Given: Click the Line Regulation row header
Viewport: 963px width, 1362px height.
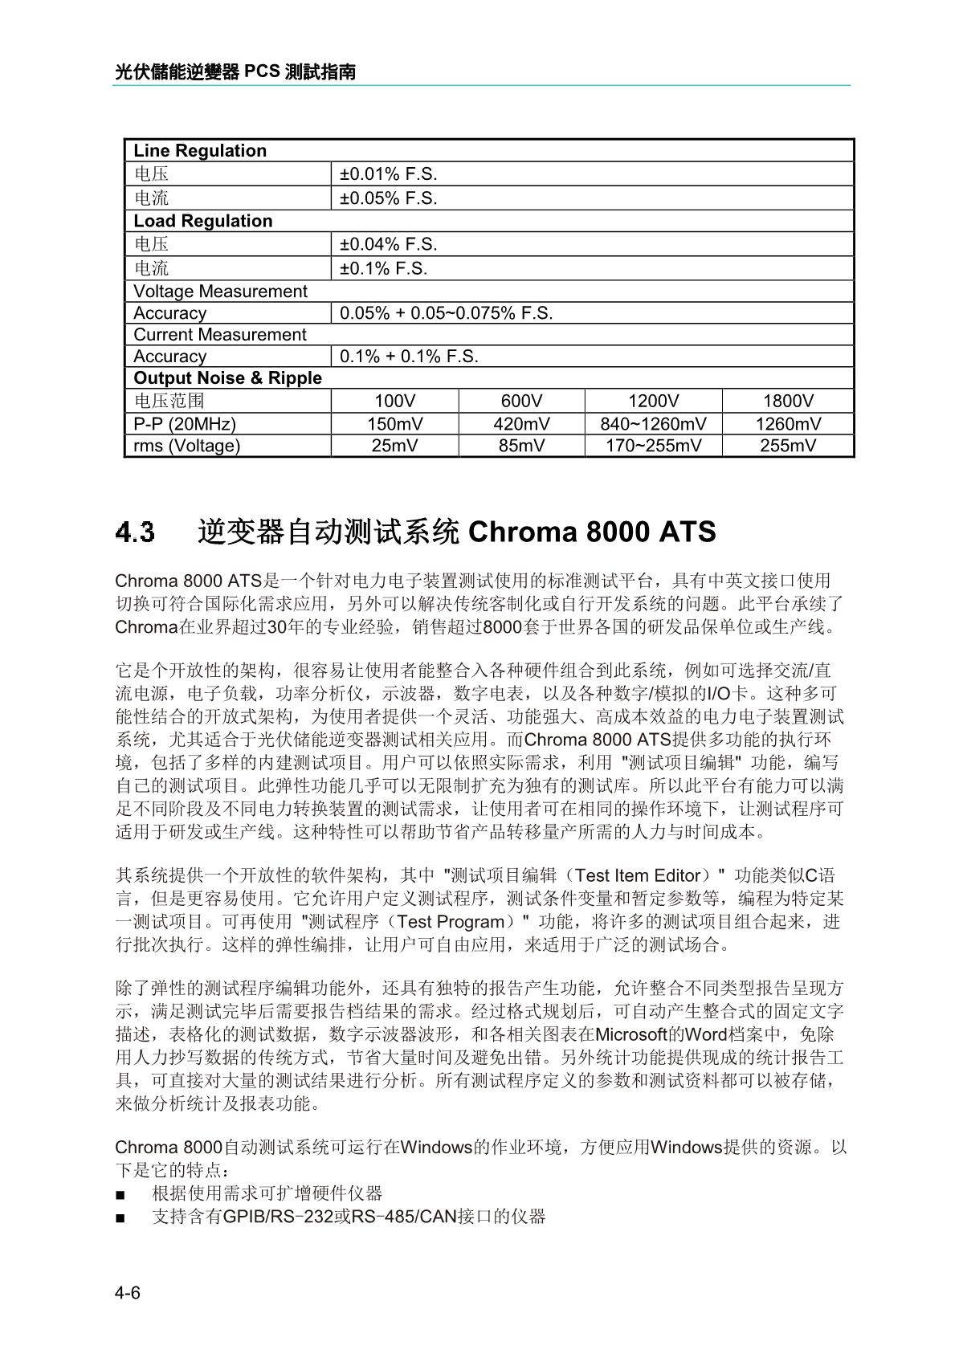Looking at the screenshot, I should tap(200, 151).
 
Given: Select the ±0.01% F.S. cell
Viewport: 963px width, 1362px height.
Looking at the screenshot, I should tap(389, 174).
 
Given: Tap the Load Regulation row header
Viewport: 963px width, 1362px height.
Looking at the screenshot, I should tap(203, 221).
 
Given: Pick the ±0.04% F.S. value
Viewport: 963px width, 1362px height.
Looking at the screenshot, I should tap(389, 244).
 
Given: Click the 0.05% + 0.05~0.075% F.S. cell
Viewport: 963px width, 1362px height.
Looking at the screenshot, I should tap(447, 313).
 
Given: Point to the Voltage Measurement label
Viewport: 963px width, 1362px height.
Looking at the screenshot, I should tap(220, 292).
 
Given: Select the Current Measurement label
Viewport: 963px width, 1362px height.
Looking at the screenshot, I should tap(220, 335).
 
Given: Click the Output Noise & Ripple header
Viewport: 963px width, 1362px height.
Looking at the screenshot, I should tap(227, 378).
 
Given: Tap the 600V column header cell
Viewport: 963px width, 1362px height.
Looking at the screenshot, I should tap(521, 402).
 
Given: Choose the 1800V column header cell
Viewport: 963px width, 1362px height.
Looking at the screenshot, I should tap(788, 402).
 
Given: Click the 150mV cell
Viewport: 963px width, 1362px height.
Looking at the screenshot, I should tap(395, 424).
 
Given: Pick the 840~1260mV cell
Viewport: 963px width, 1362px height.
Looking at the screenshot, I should tap(653, 424).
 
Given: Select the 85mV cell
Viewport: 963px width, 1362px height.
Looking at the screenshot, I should tap(521, 446).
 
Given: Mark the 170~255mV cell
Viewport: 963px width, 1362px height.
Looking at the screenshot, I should tap(653, 446).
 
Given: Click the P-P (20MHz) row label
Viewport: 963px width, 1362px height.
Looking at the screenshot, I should tap(185, 424).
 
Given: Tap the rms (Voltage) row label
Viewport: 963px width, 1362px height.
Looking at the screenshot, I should tap(187, 446).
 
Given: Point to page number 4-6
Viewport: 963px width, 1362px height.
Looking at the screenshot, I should tap(128, 1293).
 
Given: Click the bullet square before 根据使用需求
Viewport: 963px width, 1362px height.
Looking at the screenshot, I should tap(120, 1195).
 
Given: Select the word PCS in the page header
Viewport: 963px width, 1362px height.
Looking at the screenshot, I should tap(262, 72).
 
